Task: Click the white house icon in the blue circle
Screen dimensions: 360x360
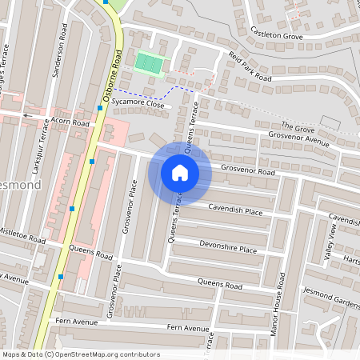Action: (180, 173)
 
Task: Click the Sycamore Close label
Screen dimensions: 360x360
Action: (138, 105)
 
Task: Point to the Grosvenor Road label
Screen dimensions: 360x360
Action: (248, 170)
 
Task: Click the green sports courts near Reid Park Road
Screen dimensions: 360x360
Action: (148, 62)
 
